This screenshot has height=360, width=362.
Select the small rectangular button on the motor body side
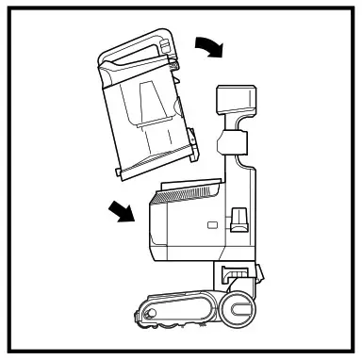point(211,225)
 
